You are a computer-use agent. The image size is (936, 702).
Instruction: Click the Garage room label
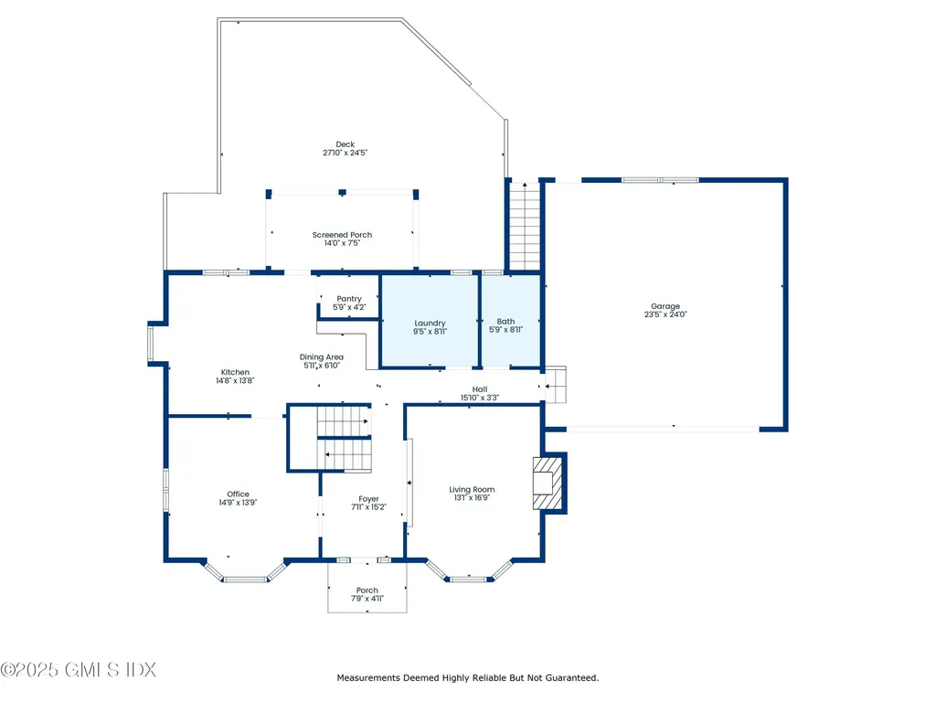(x=665, y=306)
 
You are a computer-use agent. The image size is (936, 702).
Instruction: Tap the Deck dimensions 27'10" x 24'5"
(x=345, y=153)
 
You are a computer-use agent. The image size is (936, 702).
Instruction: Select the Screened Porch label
(x=342, y=235)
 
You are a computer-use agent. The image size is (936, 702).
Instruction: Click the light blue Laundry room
(x=430, y=321)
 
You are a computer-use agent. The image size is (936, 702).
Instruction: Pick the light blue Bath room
(x=511, y=321)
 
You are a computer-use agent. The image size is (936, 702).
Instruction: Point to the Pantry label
(x=349, y=299)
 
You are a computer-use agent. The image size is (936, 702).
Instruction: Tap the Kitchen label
(x=235, y=372)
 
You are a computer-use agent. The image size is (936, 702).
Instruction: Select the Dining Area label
(x=322, y=357)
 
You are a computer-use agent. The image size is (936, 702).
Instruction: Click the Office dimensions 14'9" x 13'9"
(x=238, y=503)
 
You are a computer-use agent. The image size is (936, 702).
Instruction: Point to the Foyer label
(x=369, y=499)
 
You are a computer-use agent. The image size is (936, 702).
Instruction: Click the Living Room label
(x=472, y=490)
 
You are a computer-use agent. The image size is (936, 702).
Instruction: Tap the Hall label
(x=480, y=389)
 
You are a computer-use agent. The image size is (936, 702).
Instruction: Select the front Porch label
(x=367, y=590)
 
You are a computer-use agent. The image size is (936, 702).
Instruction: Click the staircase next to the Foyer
(x=344, y=438)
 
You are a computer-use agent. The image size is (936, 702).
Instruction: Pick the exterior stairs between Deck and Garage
(x=525, y=227)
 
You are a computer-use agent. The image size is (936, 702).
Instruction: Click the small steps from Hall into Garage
(x=555, y=385)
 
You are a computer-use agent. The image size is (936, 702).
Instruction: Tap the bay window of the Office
(x=245, y=572)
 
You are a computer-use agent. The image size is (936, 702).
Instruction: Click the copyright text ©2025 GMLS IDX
(x=79, y=670)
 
